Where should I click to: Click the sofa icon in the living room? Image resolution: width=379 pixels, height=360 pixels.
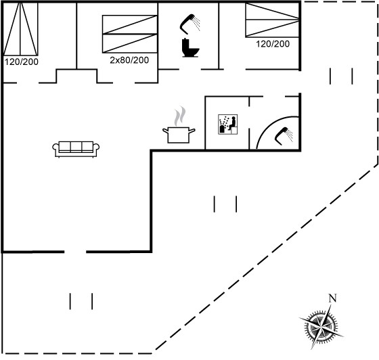76,149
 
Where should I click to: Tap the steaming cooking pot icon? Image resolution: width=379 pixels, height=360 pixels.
179,125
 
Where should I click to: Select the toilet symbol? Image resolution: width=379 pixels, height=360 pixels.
190,47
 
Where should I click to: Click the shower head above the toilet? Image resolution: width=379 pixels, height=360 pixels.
190,24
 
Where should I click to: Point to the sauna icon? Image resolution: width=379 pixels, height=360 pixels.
227,125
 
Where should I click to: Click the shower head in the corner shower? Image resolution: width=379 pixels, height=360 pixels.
284,136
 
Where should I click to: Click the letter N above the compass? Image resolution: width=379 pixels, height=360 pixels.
332,298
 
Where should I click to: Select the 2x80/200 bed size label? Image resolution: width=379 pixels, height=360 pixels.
129,60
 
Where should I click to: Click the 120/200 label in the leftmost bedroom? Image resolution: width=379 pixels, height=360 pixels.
22,62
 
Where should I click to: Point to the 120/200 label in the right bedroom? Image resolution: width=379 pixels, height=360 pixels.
273,44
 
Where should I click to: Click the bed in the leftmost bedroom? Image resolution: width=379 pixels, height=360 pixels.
20,28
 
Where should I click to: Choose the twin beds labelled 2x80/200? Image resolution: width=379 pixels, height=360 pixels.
130,34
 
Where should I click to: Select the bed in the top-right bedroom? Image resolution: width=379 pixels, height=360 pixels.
272,20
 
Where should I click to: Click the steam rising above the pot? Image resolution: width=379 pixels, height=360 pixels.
180,116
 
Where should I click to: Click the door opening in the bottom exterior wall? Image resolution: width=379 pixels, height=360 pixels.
75,252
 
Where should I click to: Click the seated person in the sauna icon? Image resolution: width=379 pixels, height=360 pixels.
233,123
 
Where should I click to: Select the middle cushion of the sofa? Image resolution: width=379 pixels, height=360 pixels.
76,146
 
